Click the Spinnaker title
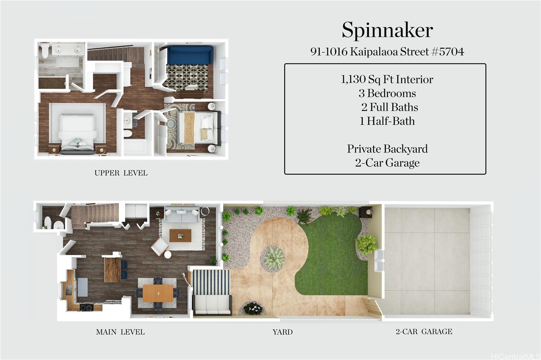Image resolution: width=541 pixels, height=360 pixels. pos(387,30)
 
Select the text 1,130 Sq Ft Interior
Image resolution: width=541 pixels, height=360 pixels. pos(387,79)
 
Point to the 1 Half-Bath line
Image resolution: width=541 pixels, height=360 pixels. pos(387,121)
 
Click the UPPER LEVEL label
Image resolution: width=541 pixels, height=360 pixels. pos(121,173)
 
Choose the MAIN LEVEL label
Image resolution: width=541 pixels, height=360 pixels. pos(120,332)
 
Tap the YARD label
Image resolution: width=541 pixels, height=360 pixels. pos(283,332)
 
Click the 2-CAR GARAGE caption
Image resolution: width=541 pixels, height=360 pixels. pos(424,332)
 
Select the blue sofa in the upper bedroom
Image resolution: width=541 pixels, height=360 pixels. pos(190,55)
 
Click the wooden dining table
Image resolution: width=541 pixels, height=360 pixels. pos(158,293)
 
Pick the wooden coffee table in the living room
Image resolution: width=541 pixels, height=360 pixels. pos(181,236)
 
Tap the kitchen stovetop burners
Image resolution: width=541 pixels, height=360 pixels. pos(87,307)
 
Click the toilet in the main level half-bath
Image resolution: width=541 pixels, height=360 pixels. pos(48,222)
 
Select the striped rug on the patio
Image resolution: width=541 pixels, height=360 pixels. pos(211,282)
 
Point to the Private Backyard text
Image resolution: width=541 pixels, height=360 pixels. pos(387,149)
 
